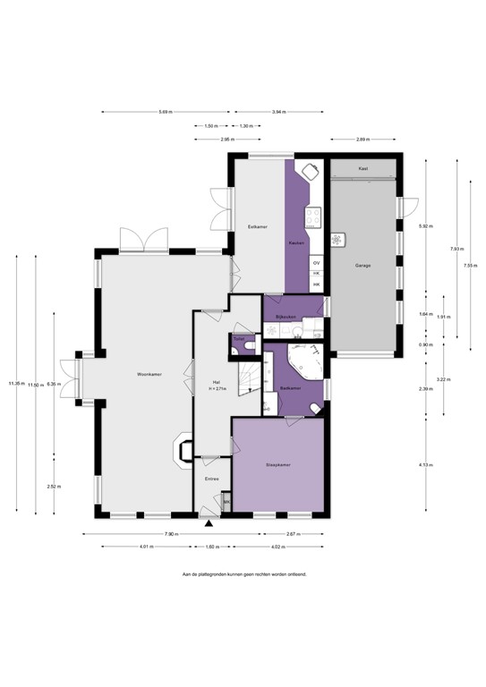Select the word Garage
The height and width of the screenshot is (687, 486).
362,266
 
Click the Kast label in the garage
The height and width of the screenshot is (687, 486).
362,168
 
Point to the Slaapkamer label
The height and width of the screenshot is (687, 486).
277,466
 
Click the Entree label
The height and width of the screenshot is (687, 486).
211,479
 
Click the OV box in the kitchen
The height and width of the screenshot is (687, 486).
316,262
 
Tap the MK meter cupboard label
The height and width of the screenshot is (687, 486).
226,503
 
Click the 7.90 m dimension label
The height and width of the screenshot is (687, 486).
171,534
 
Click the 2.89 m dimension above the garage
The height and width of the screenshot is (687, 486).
362,140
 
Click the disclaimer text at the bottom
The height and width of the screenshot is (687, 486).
243,574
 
